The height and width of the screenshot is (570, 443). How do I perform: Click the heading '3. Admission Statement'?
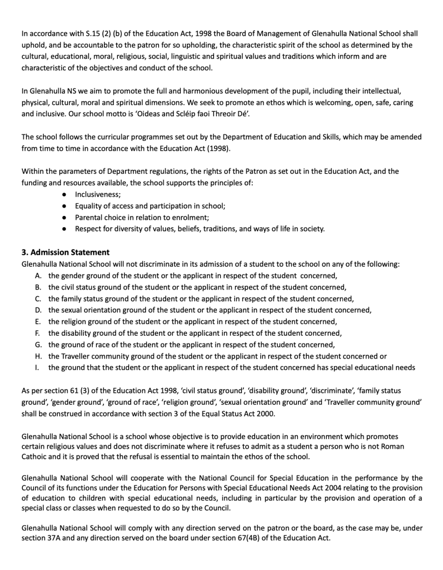click(x=65, y=252)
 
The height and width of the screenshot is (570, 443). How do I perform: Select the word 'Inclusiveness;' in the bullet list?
click(x=98, y=195)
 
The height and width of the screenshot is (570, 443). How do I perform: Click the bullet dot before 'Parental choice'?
click(x=65, y=217)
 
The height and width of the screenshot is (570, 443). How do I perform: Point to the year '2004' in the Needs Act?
click(x=321, y=489)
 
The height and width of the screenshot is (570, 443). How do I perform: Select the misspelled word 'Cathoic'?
click(x=35, y=458)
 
